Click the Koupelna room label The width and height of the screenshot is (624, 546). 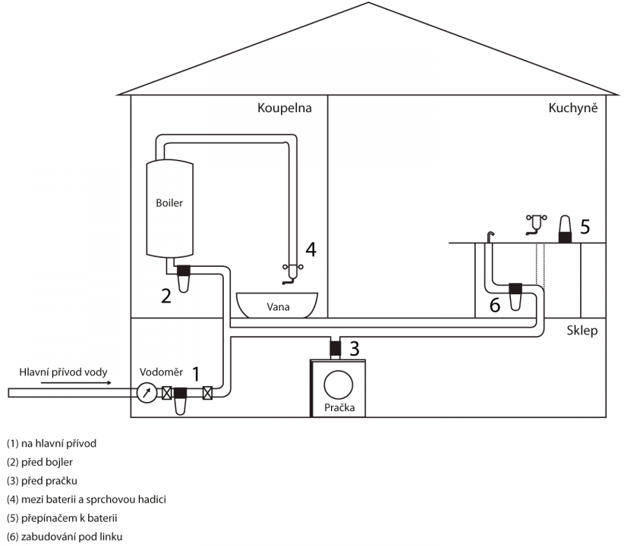click(x=285, y=108)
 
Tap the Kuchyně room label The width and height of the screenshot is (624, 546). click(x=574, y=108)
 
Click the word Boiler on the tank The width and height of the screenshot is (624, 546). click(x=169, y=203)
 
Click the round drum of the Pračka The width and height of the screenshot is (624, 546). click(x=339, y=385)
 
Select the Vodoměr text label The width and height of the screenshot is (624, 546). click(x=160, y=372)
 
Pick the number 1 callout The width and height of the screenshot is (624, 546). click(x=196, y=373)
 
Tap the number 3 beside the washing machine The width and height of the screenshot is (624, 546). click(x=354, y=349)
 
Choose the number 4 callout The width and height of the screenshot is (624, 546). click(x=310, y=249)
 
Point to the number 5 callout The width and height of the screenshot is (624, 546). click(x=585, y=226)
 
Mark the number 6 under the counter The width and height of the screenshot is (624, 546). click(x=494, y=305)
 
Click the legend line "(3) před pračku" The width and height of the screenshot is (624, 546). click(x=42, y=480)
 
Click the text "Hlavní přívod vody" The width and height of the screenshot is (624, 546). click(x=64, y=372)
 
